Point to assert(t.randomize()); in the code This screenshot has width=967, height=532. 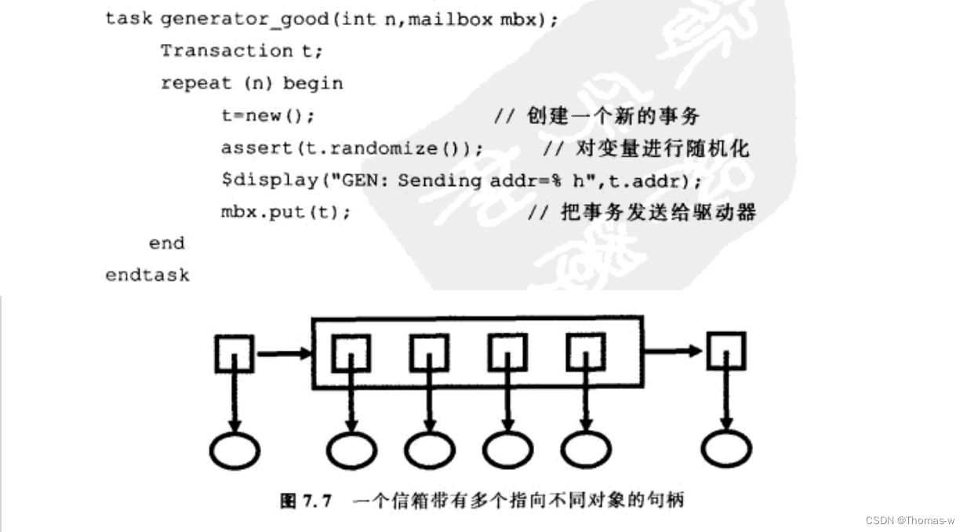pyautogui.click(x=352, y=148)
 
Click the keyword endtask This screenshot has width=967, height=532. pyautogui.click(x=147, y=275)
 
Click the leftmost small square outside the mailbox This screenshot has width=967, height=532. pyautogui.click(x=233, y=354)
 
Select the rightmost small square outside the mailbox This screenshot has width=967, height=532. pyautogui.click(x=725, y=352)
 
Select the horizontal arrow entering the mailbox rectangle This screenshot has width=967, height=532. pyautogui.click(x=283, y=354)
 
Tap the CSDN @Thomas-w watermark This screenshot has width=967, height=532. pyautogui.click(x=910, y=520)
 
